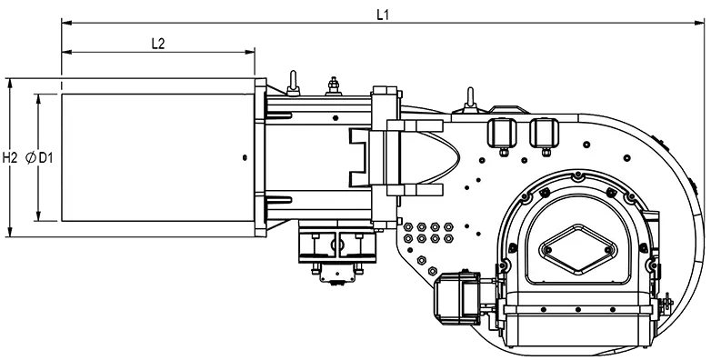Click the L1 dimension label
(x=383, y=14)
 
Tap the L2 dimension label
(x=158, y=44)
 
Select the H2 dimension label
(x=9, y=158)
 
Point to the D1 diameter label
(x=45, y=158)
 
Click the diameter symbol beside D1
(x=31, y=158)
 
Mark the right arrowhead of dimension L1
(x=700, y=22)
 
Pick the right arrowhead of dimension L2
(x=250, y=52)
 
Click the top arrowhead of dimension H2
(x=9, y=83)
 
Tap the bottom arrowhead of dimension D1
(x=38, y=216)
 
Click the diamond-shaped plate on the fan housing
(x=578, y=249)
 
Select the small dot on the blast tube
(x=245, y=158)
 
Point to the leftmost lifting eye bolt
(x=293, y=84)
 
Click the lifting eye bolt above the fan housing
(x=470, y=100)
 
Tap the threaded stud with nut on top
(x=334, y=86)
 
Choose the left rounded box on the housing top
(x=502, y=133)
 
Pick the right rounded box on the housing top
(x=544, y=133)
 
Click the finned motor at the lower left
(x=457, y=297)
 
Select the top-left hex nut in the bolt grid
(x=408, y=226)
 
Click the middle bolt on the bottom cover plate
(x=578, y=310)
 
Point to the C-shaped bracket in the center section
(x=359, y=157)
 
